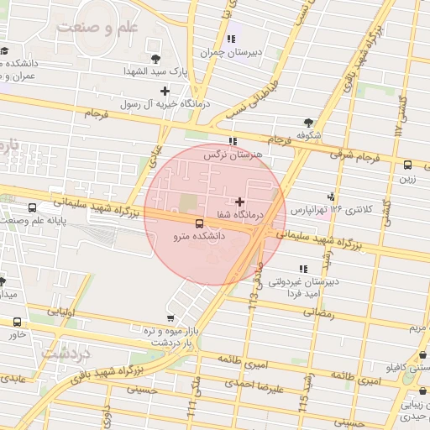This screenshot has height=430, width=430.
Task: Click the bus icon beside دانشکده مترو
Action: pos(199,223)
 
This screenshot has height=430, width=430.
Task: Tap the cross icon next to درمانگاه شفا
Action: pos(241,202)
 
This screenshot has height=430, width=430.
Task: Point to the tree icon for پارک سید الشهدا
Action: pos(155,58)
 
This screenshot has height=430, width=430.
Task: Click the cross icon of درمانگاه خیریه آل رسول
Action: pos(165,90)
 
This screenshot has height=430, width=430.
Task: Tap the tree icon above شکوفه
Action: pos(310,122)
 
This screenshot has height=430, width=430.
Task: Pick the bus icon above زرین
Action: pos(407,165)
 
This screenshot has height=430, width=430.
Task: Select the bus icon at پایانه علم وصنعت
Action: pos(32,207)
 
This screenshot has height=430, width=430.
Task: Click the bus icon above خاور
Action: pos(18,321)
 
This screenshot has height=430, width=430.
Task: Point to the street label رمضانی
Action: pos(319,313)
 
